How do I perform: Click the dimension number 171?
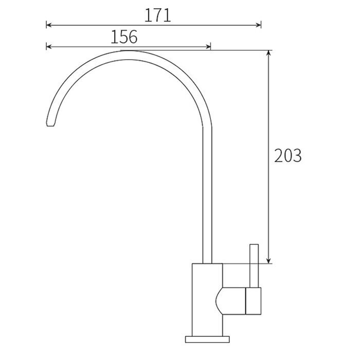point(158,15)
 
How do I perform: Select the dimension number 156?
point(124,37)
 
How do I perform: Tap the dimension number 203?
point(287,156)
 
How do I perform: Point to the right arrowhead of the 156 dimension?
point(208,47)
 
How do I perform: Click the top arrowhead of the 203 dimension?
point(268,53)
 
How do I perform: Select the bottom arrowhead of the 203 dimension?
point(268,261)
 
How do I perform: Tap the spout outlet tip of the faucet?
point(50,124)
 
